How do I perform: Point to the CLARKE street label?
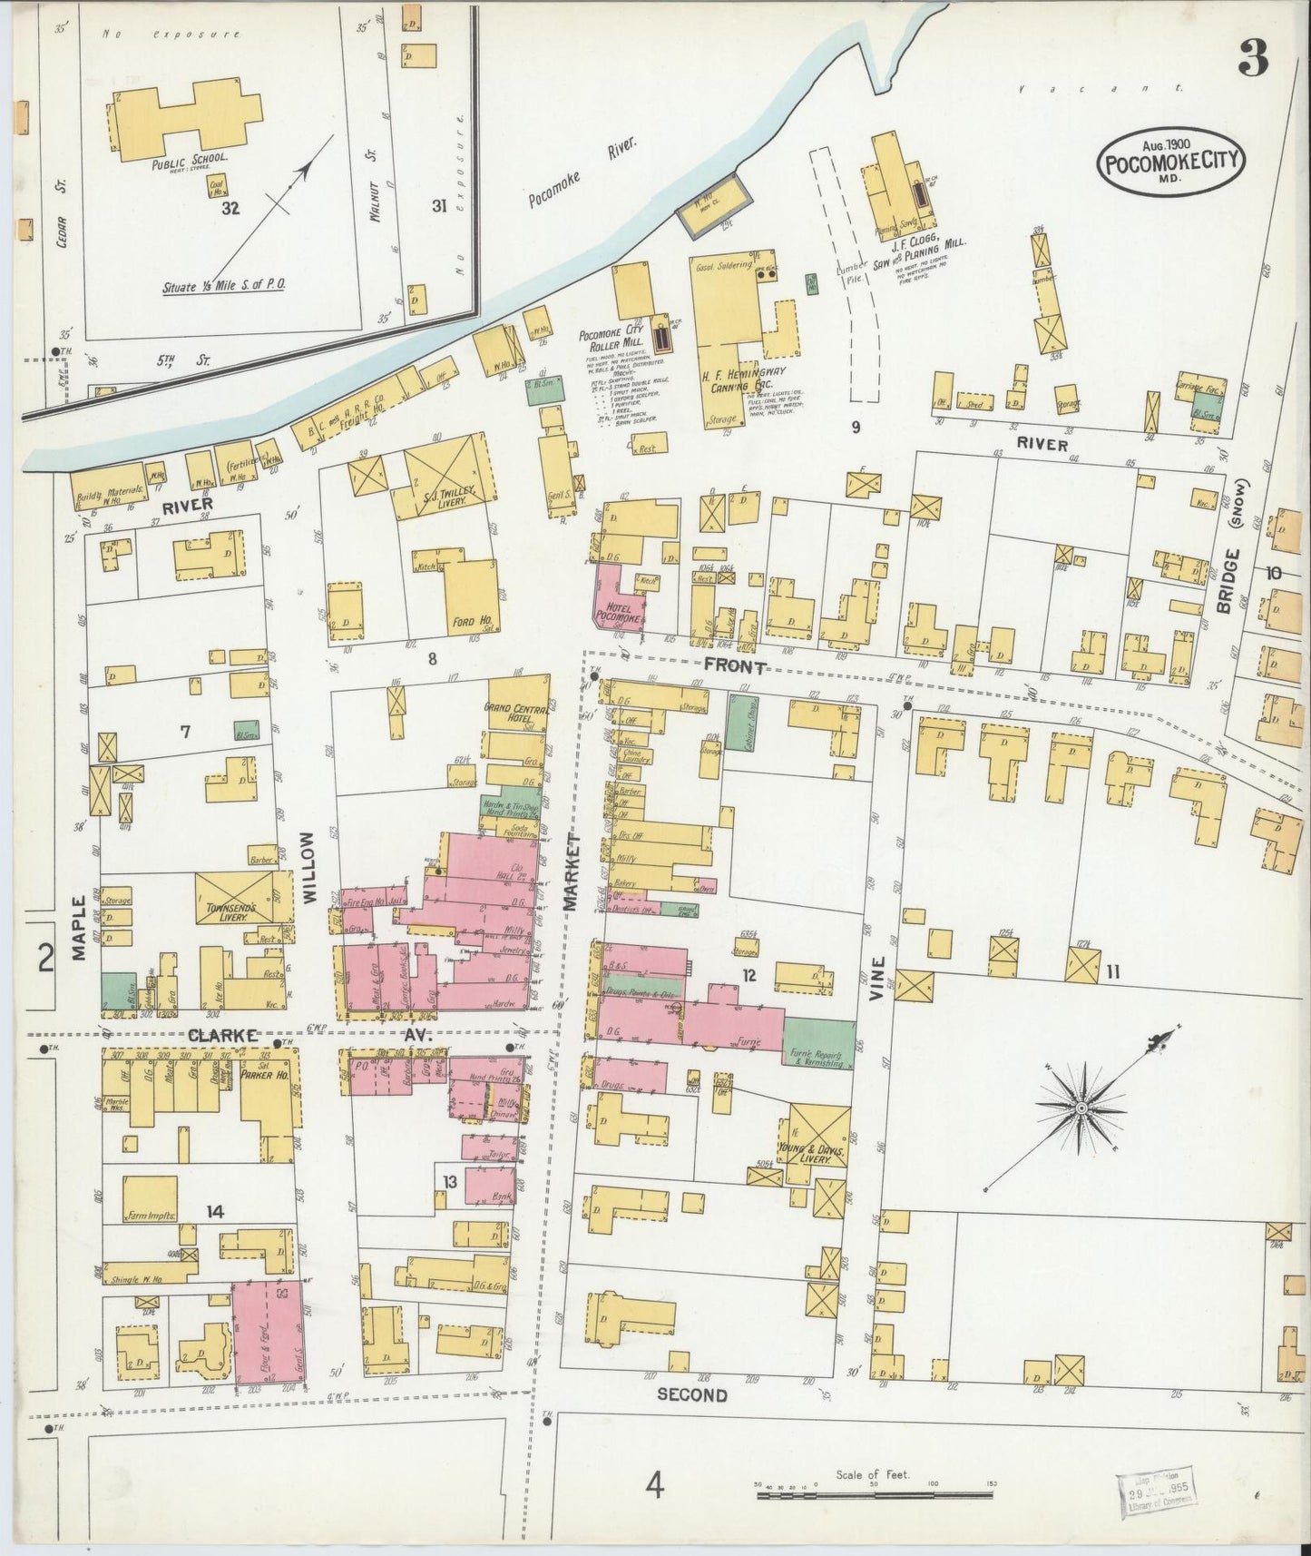[x=223, y=1035]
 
